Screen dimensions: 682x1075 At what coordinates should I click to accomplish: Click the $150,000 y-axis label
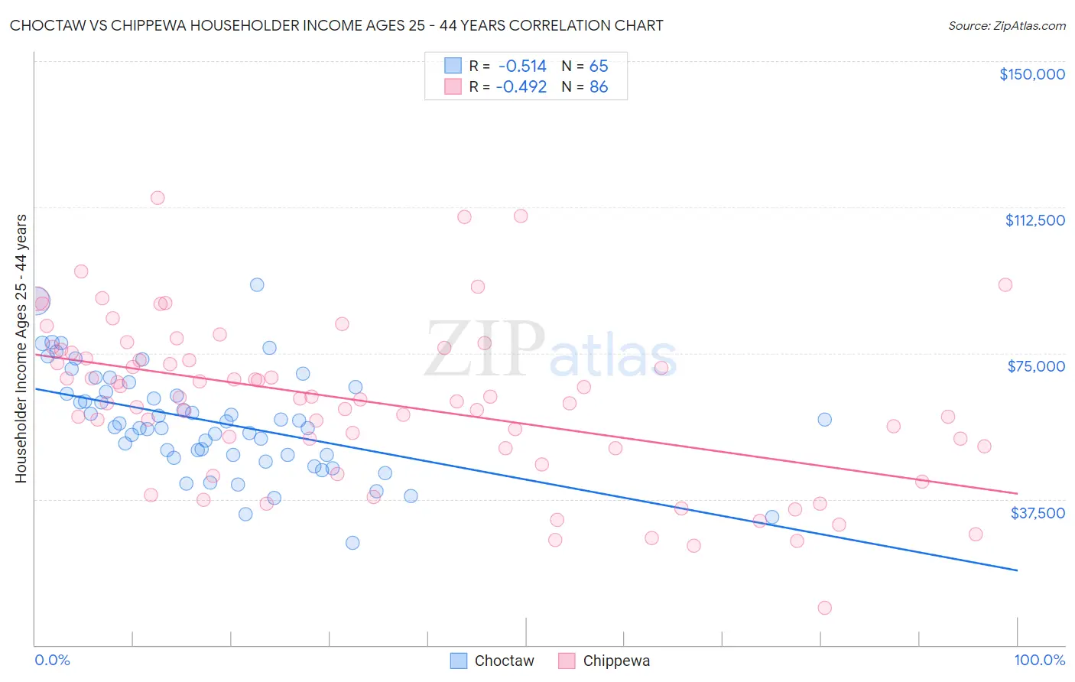click(1031, 74)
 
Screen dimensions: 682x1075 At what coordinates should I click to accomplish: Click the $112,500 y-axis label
click(1034, 220)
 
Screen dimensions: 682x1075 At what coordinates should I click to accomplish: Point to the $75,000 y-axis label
click(1036, 366)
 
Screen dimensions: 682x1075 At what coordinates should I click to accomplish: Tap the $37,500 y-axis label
click(1038, 513)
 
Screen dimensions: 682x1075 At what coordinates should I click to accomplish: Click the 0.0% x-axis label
click(52, 660)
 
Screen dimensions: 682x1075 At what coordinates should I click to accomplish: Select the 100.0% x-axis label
click(1040, 660)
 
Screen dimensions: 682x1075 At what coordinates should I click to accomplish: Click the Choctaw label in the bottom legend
click(504, 661)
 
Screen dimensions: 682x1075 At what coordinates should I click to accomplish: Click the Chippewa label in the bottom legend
click(616, 661)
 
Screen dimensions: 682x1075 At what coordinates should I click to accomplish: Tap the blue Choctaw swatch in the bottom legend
click(459, 661)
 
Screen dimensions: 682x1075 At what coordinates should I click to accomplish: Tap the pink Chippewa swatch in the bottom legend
click(567, 661)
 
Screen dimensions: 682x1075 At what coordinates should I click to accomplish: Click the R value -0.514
click(521, 66)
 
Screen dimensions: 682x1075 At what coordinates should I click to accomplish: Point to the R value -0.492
click(521, 87)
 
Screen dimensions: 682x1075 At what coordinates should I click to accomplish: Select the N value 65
click(599, 66)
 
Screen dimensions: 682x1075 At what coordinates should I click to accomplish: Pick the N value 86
click(599, 87)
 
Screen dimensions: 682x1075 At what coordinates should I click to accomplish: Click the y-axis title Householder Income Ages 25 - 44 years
click(21, 349)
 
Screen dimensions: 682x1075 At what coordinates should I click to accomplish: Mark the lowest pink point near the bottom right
click(824, 608)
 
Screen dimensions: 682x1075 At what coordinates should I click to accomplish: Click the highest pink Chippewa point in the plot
click(158, 197)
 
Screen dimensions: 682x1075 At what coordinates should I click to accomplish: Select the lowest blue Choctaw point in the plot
click(352, 543)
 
